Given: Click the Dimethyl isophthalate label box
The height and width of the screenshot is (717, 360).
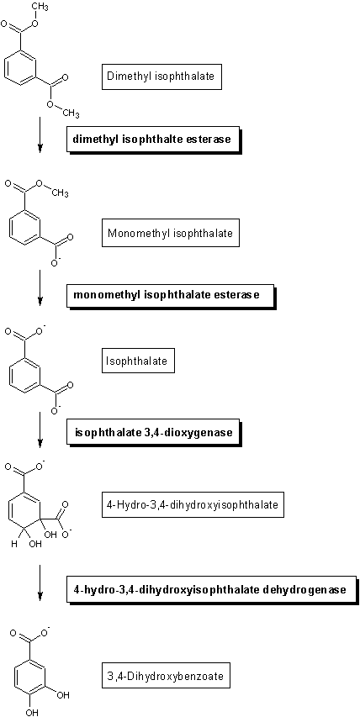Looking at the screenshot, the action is click(x=161, y=76).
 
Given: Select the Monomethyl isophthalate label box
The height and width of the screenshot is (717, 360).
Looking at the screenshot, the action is click(x=171, y=234).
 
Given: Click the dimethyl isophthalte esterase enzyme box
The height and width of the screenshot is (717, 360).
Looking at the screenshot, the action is click(x=154, y=140).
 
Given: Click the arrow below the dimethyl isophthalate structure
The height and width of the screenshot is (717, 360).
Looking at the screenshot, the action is click(x=40, y=134).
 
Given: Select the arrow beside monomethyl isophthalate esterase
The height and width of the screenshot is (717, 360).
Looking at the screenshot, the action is click(x=40, y=287).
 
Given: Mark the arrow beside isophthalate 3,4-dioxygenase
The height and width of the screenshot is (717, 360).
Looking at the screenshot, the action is click(x=40, y=430).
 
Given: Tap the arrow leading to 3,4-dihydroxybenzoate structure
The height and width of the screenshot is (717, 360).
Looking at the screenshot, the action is click(x=40, y=583).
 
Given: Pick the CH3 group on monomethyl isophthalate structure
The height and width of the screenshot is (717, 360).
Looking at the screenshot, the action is click(x=60, y=194).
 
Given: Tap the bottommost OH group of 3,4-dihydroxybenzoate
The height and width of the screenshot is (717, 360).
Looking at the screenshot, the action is click(x=30, y=712).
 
